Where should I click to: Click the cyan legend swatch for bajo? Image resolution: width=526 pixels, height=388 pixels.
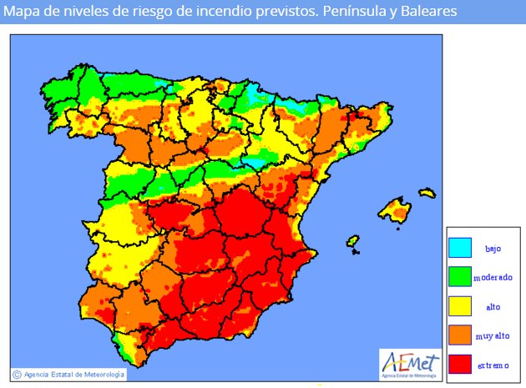(459, 248)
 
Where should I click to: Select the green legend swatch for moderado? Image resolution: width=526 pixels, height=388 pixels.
(459, 276)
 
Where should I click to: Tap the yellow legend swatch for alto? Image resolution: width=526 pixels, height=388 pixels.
(459, 306)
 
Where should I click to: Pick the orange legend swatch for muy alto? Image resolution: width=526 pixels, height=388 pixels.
(459, 335)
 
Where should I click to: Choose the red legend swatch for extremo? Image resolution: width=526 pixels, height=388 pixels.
(459, 365)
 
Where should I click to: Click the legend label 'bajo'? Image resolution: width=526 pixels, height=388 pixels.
(493, 249)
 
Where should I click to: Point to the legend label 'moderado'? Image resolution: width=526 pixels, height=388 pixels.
(493, 277)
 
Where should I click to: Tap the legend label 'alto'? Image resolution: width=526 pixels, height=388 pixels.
(493, 307)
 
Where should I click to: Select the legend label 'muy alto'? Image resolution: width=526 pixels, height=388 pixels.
(493, 336)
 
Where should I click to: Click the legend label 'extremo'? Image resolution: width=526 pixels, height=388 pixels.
(493, 365)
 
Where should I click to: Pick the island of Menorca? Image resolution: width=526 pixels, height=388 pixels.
(427, 194)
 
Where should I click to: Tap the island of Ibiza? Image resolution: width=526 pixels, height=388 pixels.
(353, 242)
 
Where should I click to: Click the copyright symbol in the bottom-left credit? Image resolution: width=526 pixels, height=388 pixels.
(17, 374)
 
